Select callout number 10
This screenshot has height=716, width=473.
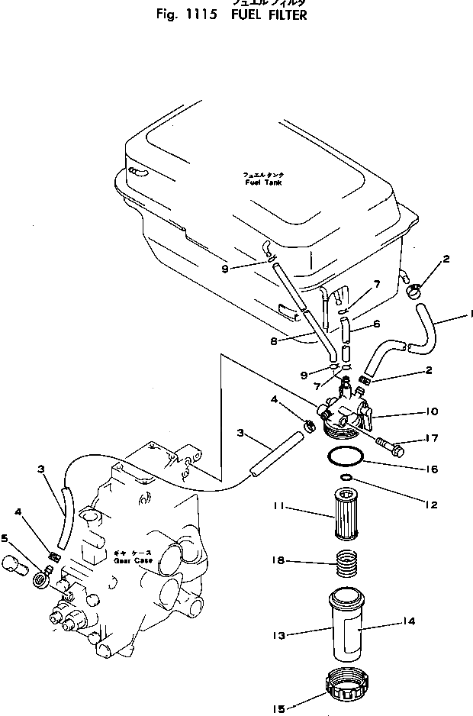(x=431, y=411)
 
